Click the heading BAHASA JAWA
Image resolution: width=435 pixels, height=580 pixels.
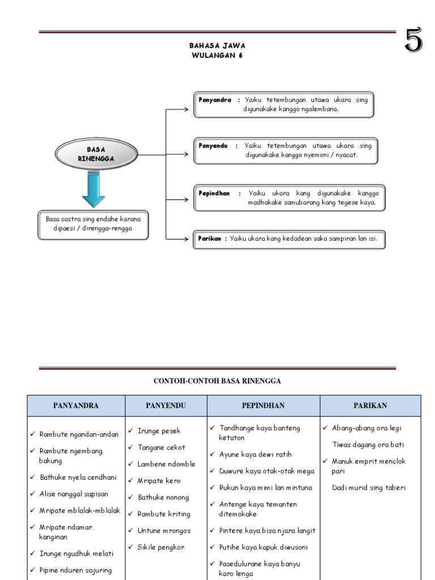pyautogui.click(x=217, y=45)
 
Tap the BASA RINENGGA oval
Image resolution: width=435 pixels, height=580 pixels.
pyautogui.click(x=96, y=154)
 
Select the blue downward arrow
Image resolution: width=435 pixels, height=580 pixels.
pyautogui.click(x=93, y=189)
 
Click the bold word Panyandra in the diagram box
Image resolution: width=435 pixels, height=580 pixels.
pyautogui.click(x=215, y=100)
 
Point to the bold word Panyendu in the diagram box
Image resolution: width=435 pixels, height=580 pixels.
pyautogui.click(x=213, y=146)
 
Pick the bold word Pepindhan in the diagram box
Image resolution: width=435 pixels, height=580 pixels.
pyautogui.click(x=214, y=193)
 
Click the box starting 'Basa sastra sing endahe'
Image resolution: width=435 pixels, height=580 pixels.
pyautogui.click(x=93, y=225)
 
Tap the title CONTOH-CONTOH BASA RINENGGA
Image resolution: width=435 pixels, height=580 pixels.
pyautogui.click(x=217, y=381)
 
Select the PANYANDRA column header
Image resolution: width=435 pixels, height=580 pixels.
pyautogui.click(x=76, y=406)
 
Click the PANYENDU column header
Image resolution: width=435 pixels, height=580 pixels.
pyautogui.click(x=166, y=406)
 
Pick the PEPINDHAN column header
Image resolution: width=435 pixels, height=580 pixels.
pyautogui.click(x=263, y=406)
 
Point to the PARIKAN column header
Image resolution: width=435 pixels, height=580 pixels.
pyautogui.click(x=370, y=406)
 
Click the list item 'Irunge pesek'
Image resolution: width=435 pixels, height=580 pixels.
pyautogui.click(x=159, y=431)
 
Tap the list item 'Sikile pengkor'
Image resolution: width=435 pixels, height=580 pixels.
pyautogui.click(x=161, y=547)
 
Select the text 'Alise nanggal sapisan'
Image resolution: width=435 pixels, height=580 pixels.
pyautogui.click(x=74, y=494)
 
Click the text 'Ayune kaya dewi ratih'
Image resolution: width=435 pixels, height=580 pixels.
pyautogui.click(x=255, y=454)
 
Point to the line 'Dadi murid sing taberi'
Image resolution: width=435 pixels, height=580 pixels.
pyautogui.click(x=369, y=487)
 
